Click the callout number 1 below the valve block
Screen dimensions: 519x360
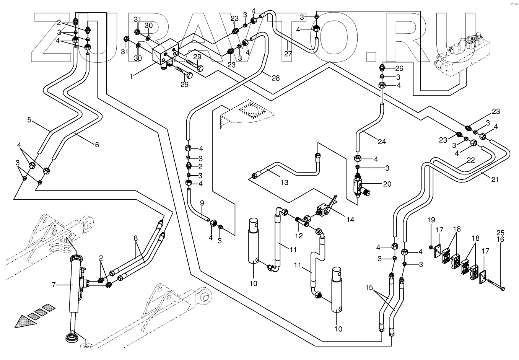coord(131,76)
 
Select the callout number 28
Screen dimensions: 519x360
coord(275,78)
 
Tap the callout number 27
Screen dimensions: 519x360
coord(288,54)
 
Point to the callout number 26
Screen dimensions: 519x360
coord(399,68)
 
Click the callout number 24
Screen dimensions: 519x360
coord(382,142)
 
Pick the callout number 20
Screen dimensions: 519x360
coord(387,184)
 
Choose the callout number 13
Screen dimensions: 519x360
coord(284,182)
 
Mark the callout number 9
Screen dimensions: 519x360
coord(202,203)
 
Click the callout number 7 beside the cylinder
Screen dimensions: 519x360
coord(54,285)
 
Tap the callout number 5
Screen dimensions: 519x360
coord(29,120)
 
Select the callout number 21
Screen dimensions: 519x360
coord(495,179)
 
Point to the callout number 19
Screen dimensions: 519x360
coord(431,220)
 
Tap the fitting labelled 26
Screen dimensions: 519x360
coord(382,68)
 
